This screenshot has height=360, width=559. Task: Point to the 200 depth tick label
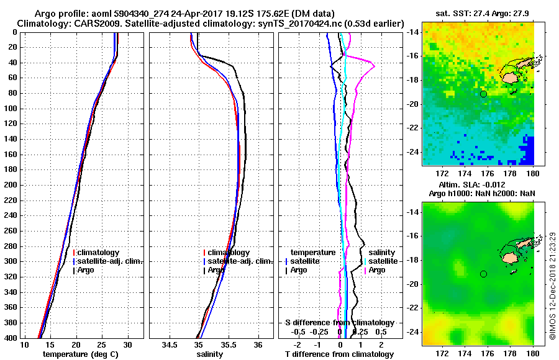[x=11, y=185]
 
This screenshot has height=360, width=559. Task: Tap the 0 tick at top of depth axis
[x=16, y=32]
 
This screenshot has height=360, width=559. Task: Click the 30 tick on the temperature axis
[x=127, y=345]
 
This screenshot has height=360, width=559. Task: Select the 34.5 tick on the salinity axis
[x=169, y=345]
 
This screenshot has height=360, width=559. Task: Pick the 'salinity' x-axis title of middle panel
[x=211, y=354]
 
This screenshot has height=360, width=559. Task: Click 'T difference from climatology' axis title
[x=339, y=354]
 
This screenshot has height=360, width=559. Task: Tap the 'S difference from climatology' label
[x=339, y=323]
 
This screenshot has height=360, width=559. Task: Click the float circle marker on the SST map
[x=483, y=94]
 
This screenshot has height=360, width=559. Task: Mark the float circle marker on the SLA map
[x=483, y=274]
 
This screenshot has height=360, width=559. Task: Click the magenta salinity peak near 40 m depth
[x=373, y=65]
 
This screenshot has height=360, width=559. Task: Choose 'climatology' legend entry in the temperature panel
[x=98, y=253]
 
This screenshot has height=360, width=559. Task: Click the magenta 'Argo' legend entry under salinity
[x=376, y=270]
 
